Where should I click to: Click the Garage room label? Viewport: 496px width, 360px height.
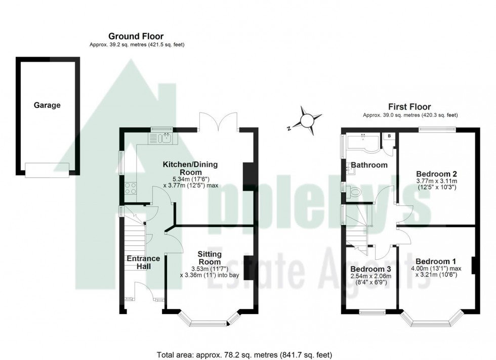pyautogui.click(x=47, y=106)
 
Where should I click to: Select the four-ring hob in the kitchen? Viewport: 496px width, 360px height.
pyautogui.click(x=130, y=188)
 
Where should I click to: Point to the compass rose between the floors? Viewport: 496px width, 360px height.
pyautogui.click(x=307, y=120)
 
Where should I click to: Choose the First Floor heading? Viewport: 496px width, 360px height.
pyautogui.click(x=409, y=107)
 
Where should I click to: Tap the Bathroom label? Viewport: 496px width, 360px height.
pyautogui.click(x=369, y=165)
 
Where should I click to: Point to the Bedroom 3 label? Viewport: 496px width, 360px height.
pyautogui.click(x=370, y=268)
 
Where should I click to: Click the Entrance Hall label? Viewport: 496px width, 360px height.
pyautogui.click(x=143, y=262)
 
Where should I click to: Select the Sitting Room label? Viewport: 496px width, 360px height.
pyautogui.click(x=210, y=258)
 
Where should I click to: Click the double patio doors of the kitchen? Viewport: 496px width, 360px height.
pyautogui.click(x=219, y=121)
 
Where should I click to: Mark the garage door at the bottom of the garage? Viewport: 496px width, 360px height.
pyautogui.click(x=47, y=169)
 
